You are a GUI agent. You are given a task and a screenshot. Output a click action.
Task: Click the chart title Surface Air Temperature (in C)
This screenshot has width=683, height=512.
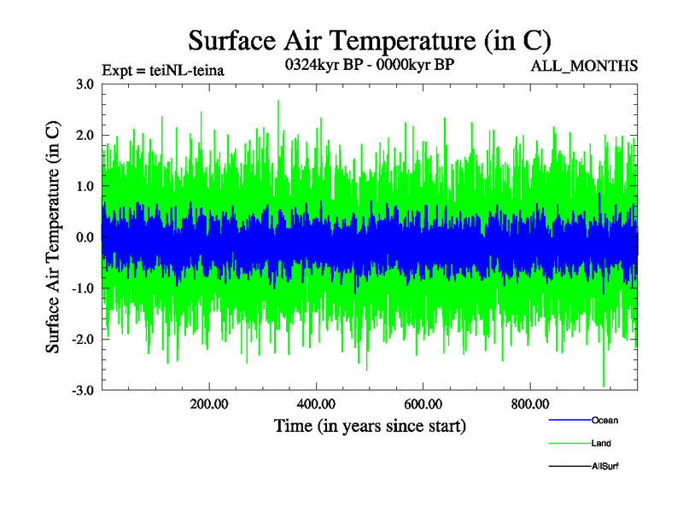point(370,41)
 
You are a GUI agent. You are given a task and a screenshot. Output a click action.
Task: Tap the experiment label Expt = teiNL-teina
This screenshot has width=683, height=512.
point(162,71)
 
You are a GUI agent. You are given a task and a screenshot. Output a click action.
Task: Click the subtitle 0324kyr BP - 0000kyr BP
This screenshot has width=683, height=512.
point(369,64)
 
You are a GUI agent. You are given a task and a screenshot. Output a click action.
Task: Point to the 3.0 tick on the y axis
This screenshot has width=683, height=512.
point(85,84)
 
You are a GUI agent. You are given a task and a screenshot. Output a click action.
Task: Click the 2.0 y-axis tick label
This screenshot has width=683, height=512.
point(85,135)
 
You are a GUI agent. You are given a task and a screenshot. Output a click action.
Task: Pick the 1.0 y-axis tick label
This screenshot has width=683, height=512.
point(85,186)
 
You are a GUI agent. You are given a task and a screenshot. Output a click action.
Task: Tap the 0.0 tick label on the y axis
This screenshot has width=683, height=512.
point(85,237)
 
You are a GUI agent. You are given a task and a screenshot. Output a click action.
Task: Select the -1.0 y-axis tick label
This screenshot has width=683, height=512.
point(83,288)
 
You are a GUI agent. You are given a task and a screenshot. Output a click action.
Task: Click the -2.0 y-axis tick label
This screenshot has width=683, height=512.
point(83,340)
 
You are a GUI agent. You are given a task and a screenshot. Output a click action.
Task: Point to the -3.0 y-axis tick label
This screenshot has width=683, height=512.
point(83,391)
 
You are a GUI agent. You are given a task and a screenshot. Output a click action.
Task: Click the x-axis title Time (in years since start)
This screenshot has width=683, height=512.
point(370,425)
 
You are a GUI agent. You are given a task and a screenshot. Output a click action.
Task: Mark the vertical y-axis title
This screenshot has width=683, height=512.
point(53,237)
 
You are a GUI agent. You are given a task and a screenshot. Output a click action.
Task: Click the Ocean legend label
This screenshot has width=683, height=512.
point(604,420)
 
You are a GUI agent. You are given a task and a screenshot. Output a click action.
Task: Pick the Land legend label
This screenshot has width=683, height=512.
point(601,443)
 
